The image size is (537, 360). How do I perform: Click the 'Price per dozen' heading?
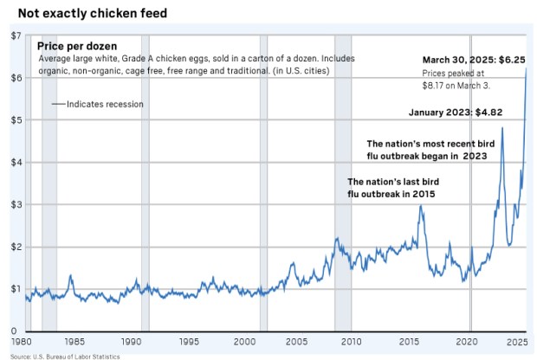click(77, 45)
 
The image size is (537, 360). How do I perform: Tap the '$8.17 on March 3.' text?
click(456, 86)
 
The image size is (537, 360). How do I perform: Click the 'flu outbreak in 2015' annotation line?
click(391, 196)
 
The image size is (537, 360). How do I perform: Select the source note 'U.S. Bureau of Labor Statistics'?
click(71, 356)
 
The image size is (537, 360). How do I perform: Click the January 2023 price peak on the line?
click(502, 128)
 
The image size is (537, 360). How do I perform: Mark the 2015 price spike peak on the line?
click(421, 206)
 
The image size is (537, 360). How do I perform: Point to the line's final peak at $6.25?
click(526, 69)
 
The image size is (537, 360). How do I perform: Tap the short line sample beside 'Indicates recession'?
click(57, 105)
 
